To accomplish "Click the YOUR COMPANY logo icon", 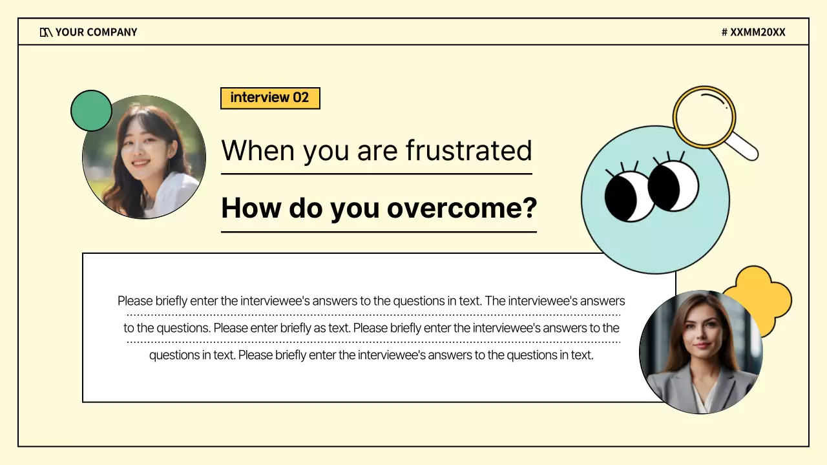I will (46, 32).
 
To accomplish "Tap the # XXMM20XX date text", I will (753, 32).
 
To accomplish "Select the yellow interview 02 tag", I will (270, 98).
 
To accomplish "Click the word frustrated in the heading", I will (468, 150).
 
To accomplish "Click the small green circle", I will (91, 110).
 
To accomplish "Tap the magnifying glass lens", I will (704, 117).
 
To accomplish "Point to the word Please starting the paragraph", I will (134, 301).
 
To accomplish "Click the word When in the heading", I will (258, 150).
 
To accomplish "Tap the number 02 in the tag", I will (301, 98).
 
